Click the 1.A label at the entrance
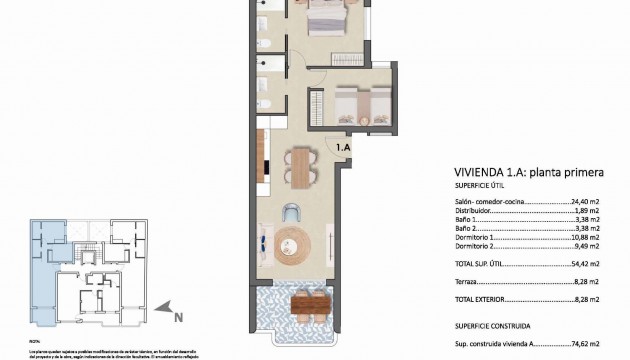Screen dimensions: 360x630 coord(343,148)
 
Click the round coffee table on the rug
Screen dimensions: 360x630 coord(293,242)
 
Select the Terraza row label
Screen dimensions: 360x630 coord(469,283)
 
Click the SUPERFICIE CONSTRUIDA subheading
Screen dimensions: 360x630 coord(492,325)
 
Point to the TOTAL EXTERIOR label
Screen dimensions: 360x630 coord(482,300)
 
